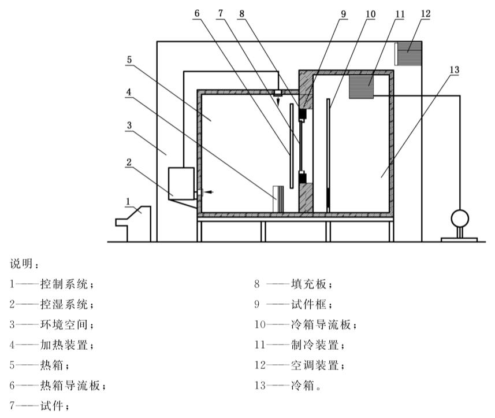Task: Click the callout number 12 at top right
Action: click(425, 12)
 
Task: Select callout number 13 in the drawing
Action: click(454, 69)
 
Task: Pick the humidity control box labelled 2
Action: click(181, 183)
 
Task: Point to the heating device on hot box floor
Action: click(278, 199)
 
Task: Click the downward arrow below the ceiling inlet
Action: click(278, 102)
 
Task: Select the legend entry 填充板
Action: click(312, 284)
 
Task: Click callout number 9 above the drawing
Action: click(344, 12)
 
